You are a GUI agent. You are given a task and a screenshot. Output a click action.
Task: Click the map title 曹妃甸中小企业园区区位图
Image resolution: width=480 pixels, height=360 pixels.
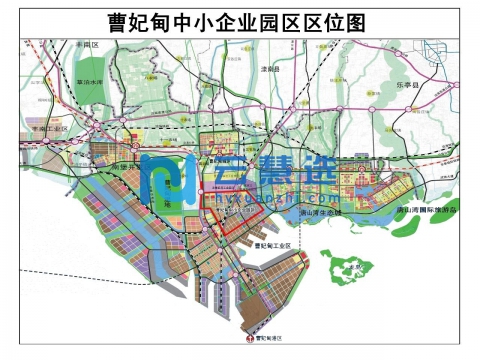click(x=240, y=20)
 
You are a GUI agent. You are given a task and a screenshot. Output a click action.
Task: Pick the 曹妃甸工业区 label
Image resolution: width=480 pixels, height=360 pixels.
click(x=272, y=245)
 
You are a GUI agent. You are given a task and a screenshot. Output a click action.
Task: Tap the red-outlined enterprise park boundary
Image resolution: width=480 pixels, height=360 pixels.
click(x=232, y=213)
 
